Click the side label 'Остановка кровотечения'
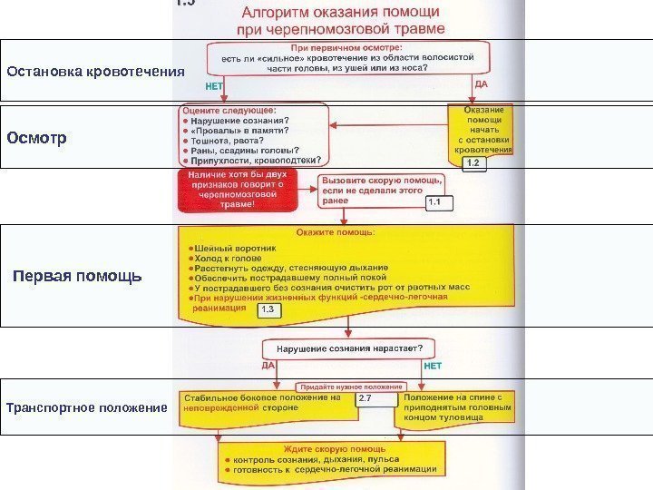[x=95, y=71]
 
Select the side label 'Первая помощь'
[x=77, y=276]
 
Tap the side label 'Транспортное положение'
[x=87, y=407]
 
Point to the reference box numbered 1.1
[x=439, y=202]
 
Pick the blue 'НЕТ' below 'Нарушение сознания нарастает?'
[x=433, y=365]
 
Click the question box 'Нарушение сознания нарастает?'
[x=349, y=348]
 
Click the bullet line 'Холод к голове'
[x=222, y=258]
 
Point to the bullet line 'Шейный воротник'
[x=227, y=247]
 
